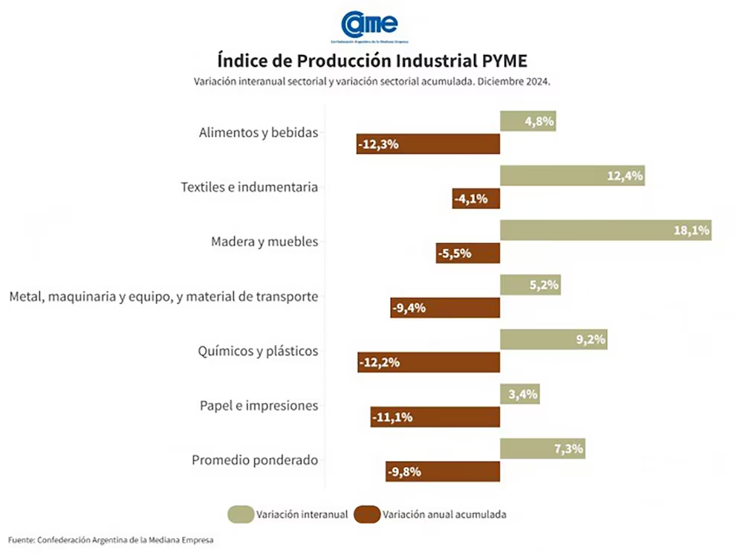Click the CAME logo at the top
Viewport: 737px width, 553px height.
pyautogui.click(x=369, y=25)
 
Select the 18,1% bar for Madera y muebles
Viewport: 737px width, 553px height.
pyautogui.click(x=605, y=230)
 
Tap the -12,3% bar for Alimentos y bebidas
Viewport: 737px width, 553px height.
pyautogui.click(x=428, y=144)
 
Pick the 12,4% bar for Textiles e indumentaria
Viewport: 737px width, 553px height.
pyautogui.click(x=571, y=176)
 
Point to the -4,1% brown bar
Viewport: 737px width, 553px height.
pyautogui.click(x=475, y=198)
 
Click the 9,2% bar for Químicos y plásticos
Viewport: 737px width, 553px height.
pyautogui.click(x=553, y=340)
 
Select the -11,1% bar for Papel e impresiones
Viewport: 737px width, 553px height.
pyautogui.click(x=435, y=417)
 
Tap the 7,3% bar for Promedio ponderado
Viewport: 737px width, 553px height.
pyautogui.click(x=542, y=449)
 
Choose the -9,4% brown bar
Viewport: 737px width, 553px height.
pyautogui.click(x=445, y=308)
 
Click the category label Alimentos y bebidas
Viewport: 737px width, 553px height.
pyautogui.click(x=259, y=133)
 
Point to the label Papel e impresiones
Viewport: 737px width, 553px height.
pyautogui.click(x=259, y=406)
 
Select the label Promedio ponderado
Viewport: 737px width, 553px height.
pyautogui.click(x=255, y=460)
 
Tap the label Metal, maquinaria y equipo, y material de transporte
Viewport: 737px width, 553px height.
pyautogui.click(x=163, y=297)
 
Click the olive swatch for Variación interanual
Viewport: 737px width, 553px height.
pyautogui.click(x=240, y=514)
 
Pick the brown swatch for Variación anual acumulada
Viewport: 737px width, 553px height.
pyautogui.click(x=366, y=514)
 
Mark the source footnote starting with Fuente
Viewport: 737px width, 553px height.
pyautogui.click(x=111, y=540)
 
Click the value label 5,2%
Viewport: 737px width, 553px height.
pyautogui.click(x=544, y=285)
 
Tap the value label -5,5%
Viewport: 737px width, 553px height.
pyautogui.click(x=455, y=253)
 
